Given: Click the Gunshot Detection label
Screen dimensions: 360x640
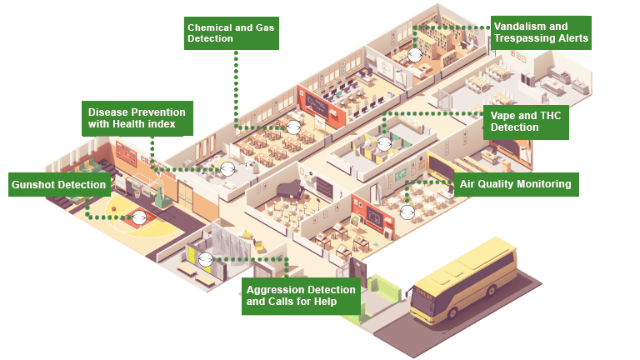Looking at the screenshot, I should click(58, 184).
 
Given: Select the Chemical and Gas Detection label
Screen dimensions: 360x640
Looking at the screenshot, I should click(230, 33).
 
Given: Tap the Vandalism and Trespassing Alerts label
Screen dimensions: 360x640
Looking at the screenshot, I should click(540, 32).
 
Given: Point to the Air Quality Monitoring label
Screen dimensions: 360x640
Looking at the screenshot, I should click(517, 184).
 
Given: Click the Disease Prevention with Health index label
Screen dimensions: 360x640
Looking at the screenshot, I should click(137, 118).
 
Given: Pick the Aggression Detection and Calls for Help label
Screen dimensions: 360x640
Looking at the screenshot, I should click(302, 295).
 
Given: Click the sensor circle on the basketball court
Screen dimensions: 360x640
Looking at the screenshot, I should click(139, 217).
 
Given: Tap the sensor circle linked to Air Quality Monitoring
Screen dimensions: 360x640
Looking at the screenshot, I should click(407, 212).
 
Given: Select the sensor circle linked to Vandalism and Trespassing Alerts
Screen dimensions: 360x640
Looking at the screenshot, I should click(415, 55).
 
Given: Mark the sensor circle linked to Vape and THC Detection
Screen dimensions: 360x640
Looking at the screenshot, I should click(384, 143).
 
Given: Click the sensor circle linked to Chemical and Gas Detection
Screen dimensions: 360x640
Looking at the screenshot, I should click(293, 127).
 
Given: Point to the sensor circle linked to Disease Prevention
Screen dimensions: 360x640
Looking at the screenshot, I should click(227, 168).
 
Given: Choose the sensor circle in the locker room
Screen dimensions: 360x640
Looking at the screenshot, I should click(205, 258).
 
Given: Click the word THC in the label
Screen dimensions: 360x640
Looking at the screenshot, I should click(549, 115).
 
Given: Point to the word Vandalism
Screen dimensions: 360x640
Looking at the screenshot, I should click(519, 27).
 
